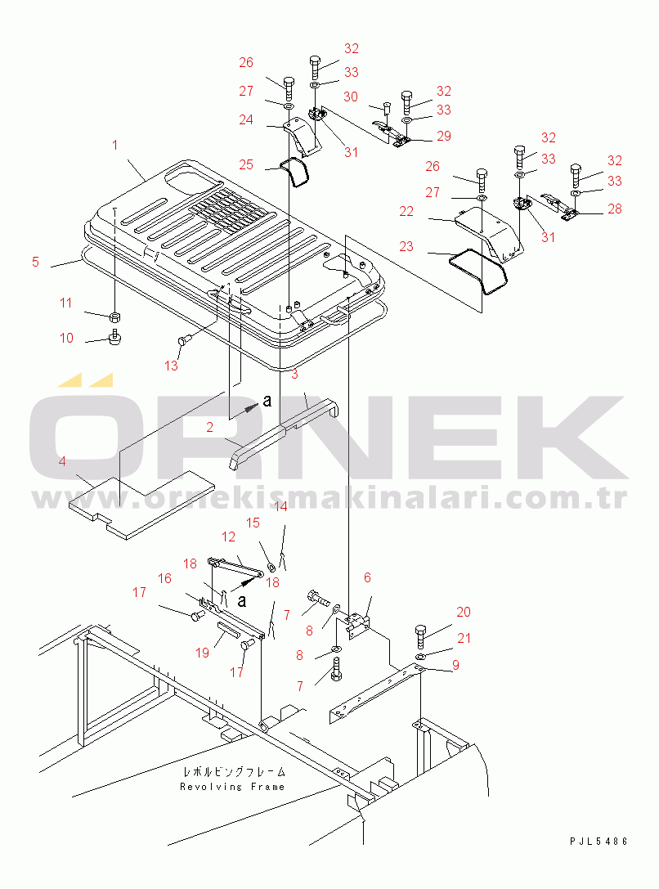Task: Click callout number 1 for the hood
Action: pos(115,145)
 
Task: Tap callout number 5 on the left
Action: pos(36,262)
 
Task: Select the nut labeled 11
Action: pos(114,316)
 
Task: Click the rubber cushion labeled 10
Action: pos(115,337)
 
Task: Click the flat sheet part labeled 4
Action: pos(141,503)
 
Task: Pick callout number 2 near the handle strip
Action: pos(209,427)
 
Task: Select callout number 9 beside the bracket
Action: pos(455,665)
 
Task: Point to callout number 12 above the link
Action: pos(228,537)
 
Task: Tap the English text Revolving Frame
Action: pos(232,787)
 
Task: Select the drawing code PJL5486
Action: pos(599,842)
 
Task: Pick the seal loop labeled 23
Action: pos(479,271)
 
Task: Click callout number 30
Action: pos(351,97)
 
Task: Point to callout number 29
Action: pos(444,136)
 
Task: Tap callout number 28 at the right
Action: pos(615,209)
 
